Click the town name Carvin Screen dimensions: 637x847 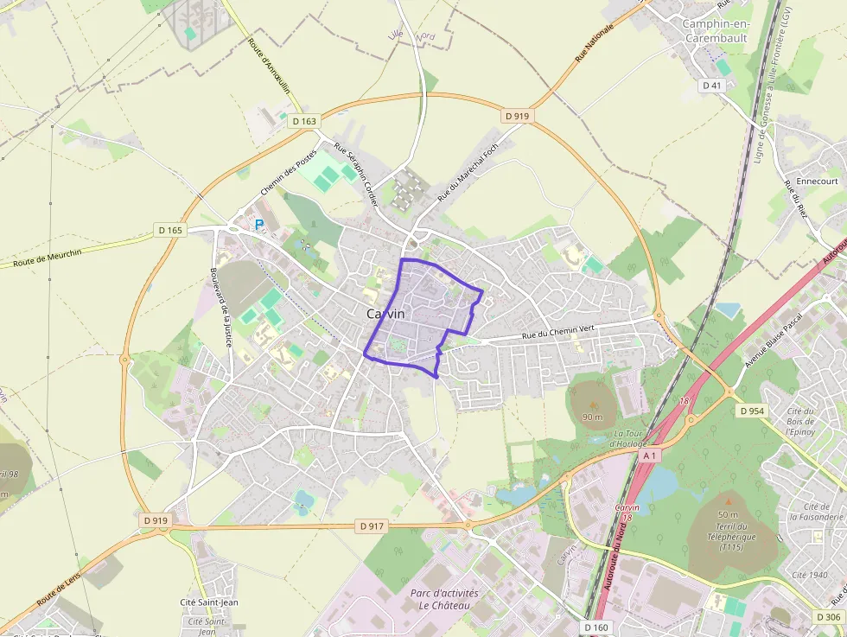click(385, 315)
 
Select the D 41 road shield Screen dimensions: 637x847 click(711, 86)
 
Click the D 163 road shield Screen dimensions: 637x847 click(304, 122)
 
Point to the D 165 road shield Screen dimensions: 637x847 click(170, 230)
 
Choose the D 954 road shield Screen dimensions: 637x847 click(752, 411)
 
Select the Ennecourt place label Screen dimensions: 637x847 click(817, 182)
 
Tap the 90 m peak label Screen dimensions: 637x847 click(592, 417)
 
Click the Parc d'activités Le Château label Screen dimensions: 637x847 click(444, 599)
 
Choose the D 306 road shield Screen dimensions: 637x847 click(827, 616)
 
